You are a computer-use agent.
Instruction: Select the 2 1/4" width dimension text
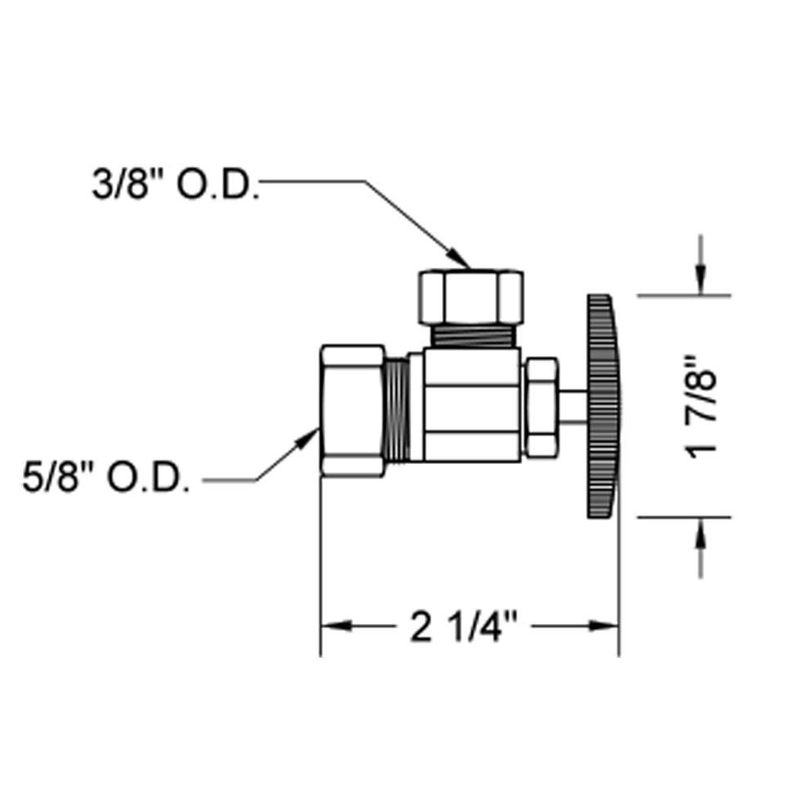465,627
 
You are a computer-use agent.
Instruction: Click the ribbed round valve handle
603,407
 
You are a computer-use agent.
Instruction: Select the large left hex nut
352,410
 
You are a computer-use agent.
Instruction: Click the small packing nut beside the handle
540,406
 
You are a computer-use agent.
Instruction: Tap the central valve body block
472,405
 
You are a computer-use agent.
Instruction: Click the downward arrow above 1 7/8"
700,282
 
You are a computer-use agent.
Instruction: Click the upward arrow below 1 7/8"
700,531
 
